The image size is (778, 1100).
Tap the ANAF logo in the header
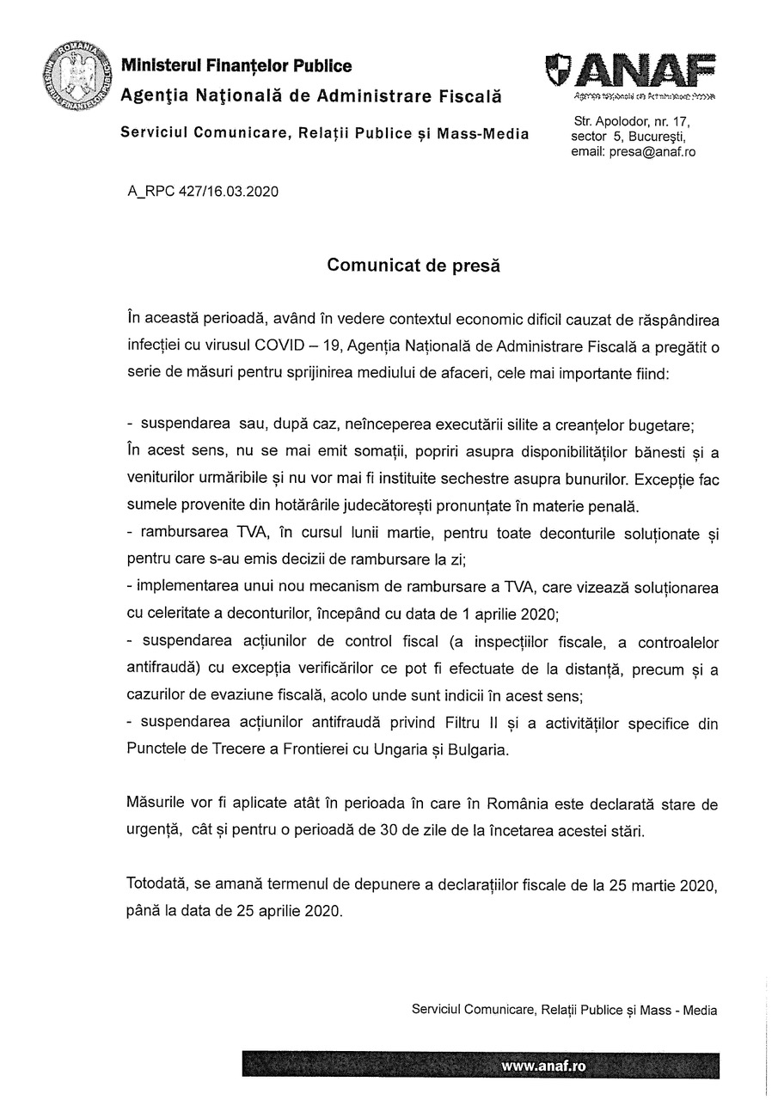point(633,72)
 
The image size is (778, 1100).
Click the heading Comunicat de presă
point(414,266)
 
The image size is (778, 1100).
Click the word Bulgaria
point(478,749)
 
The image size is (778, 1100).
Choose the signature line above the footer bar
point(565,1011)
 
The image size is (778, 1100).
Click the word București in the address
point(658,137)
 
